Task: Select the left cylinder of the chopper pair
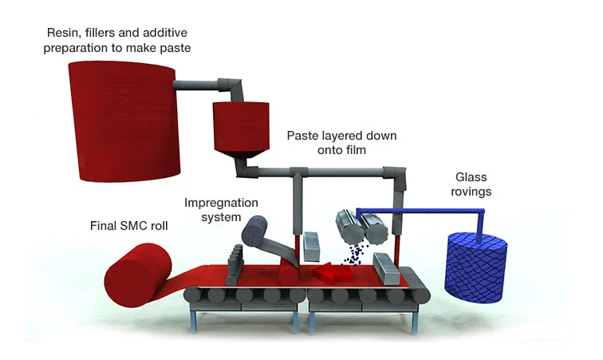pyautogui.click(x=348, y=226)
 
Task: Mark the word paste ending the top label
pyautogui.click(x=174, y=49)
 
